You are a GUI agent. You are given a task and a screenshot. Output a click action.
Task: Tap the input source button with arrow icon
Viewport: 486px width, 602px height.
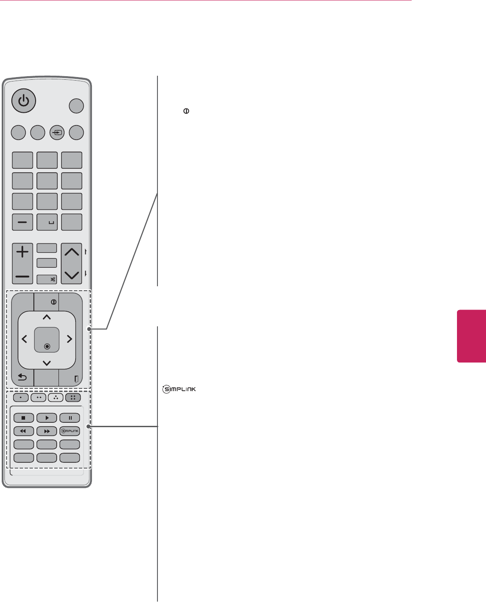point(57,133)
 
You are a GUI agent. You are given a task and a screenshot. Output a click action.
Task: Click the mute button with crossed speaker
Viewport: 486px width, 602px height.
point(47,279)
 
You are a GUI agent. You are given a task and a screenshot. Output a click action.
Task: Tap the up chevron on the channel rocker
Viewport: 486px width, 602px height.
point(72,252)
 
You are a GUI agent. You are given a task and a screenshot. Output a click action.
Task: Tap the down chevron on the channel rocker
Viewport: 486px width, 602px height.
point(72,275)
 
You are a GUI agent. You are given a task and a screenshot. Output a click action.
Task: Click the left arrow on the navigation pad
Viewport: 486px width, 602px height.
point(24,339)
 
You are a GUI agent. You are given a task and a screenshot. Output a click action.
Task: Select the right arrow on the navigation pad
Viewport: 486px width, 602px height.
point(69,339)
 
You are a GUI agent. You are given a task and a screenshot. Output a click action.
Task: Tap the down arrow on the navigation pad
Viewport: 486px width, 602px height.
point(47,363)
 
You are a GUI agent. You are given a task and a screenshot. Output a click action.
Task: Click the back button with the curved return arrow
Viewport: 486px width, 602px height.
point(22,378)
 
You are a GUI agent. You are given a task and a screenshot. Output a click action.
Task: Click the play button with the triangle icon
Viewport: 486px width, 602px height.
point(47,418)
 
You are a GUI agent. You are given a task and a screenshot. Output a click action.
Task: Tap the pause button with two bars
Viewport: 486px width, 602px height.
point(69,418)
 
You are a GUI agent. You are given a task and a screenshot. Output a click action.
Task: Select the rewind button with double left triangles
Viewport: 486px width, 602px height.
point(24,431)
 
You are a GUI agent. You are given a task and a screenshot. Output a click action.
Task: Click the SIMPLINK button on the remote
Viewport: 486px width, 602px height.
point(69,431)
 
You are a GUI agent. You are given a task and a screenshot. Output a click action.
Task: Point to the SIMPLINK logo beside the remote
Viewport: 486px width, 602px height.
point(179,389)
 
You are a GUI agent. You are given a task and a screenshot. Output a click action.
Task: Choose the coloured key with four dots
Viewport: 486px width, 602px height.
point(73,398)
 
